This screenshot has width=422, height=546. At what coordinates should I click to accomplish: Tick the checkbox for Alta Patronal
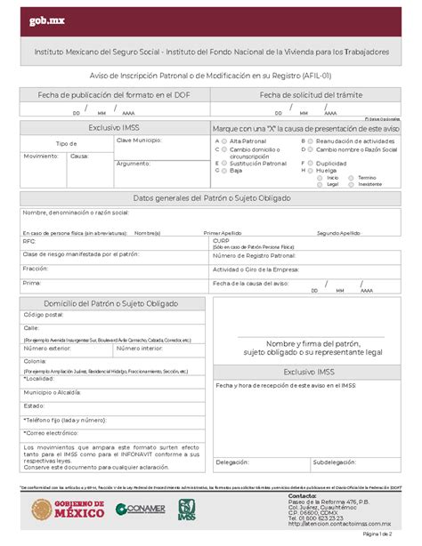point(218,141)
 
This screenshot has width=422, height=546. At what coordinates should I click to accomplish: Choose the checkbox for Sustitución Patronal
point(218,164)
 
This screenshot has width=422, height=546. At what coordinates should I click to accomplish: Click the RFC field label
point(29,240)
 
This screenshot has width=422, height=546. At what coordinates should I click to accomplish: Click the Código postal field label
point(44,315)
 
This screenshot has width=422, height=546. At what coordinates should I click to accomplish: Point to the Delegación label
point(232,462)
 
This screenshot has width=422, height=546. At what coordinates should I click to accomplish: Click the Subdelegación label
point(335,462)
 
